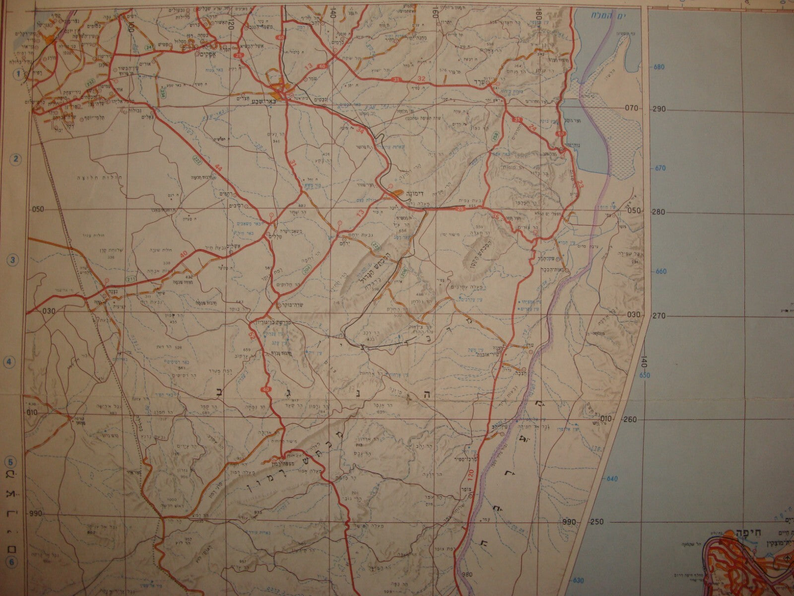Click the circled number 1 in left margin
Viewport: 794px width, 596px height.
(19, 75)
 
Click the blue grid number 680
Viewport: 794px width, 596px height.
(659, 67)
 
